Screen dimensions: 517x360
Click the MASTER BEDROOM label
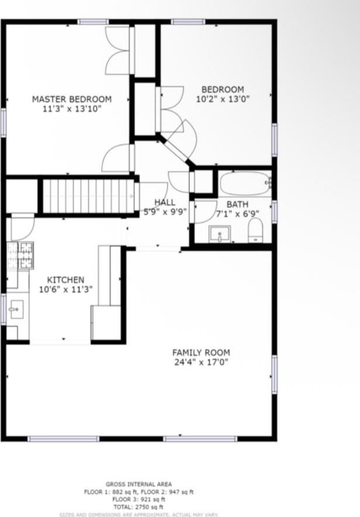(71, 99)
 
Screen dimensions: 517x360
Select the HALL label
(164, 202)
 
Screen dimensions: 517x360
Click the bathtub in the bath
(244, 183)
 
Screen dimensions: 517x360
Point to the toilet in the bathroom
(256, 230)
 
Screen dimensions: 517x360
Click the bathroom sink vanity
(220, 234)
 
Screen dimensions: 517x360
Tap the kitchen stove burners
(20, 256)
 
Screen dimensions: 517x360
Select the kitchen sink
(16, 308)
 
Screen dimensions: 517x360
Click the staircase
(89, 196)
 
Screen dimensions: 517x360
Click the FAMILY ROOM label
(201, 353)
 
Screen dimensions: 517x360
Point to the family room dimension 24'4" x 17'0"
(201, 363)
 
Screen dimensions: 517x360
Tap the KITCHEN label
(66, 280)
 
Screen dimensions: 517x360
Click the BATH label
(237, 204)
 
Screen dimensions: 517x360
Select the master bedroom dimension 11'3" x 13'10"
(71, 109)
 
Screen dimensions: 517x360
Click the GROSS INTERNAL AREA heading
(139, 484)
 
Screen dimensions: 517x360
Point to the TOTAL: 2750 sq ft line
(139, 507)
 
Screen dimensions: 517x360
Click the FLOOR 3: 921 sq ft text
(139, 499)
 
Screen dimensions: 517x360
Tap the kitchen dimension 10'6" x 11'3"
(66, 289)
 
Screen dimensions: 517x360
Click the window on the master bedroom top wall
(93, 22)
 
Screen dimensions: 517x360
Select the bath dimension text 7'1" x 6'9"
(237, 214)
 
